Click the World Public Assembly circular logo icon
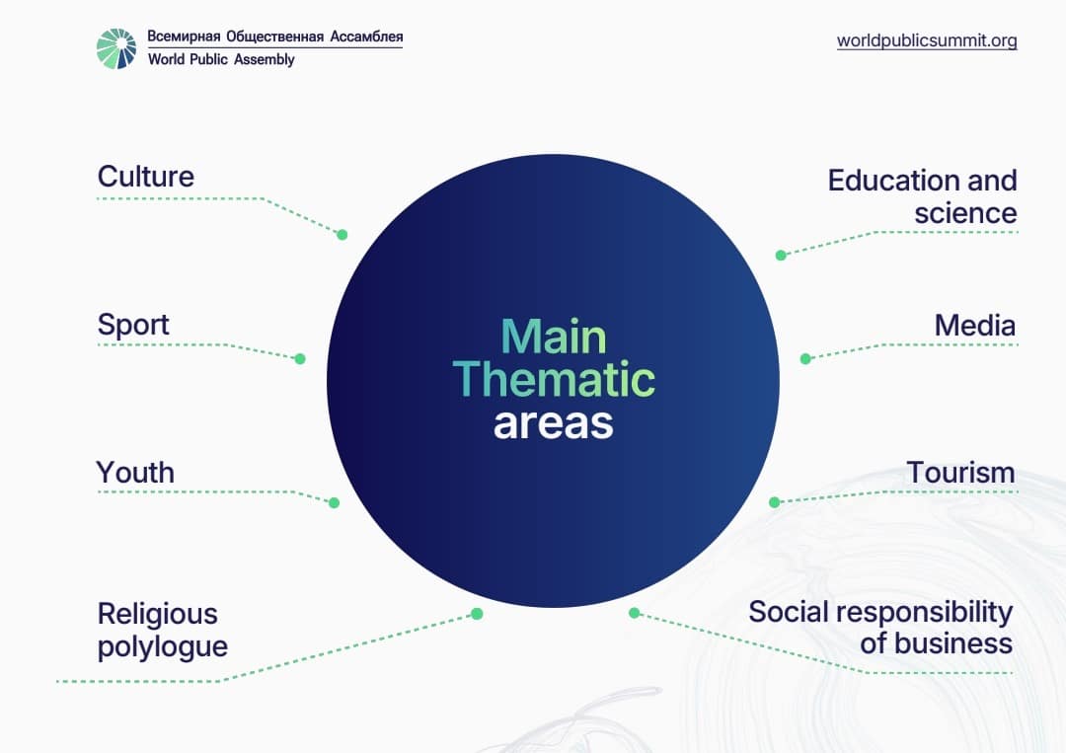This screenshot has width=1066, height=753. [x=116, y=48]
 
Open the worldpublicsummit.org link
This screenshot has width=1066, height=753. [x=927, y=40]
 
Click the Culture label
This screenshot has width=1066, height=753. [x=145, y=176]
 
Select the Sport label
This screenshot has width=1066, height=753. [x=133, y=325]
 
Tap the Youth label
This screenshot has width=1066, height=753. [x=135, y=473]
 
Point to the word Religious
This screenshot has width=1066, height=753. [x=158, y=614]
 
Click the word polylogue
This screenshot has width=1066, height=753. [x=163, y=646]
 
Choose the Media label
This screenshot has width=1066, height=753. [x=975, y=326]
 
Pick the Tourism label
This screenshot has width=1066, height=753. [x=960, y=473]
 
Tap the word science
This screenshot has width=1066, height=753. [x=965, y=213]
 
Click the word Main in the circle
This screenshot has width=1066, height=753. [x=554, y=338]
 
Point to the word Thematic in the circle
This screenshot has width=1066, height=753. [x=554, y=379]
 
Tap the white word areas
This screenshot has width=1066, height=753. [x=554, y=424]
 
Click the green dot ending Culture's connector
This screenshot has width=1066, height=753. [x=343, y=235]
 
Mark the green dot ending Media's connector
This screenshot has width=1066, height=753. [x=805, y=359]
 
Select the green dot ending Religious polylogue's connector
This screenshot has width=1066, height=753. [x=478, y=615]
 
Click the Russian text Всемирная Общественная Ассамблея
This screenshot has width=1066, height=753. [x=275, y=37]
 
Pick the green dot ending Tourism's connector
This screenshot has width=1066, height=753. [x=775, y=502]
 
